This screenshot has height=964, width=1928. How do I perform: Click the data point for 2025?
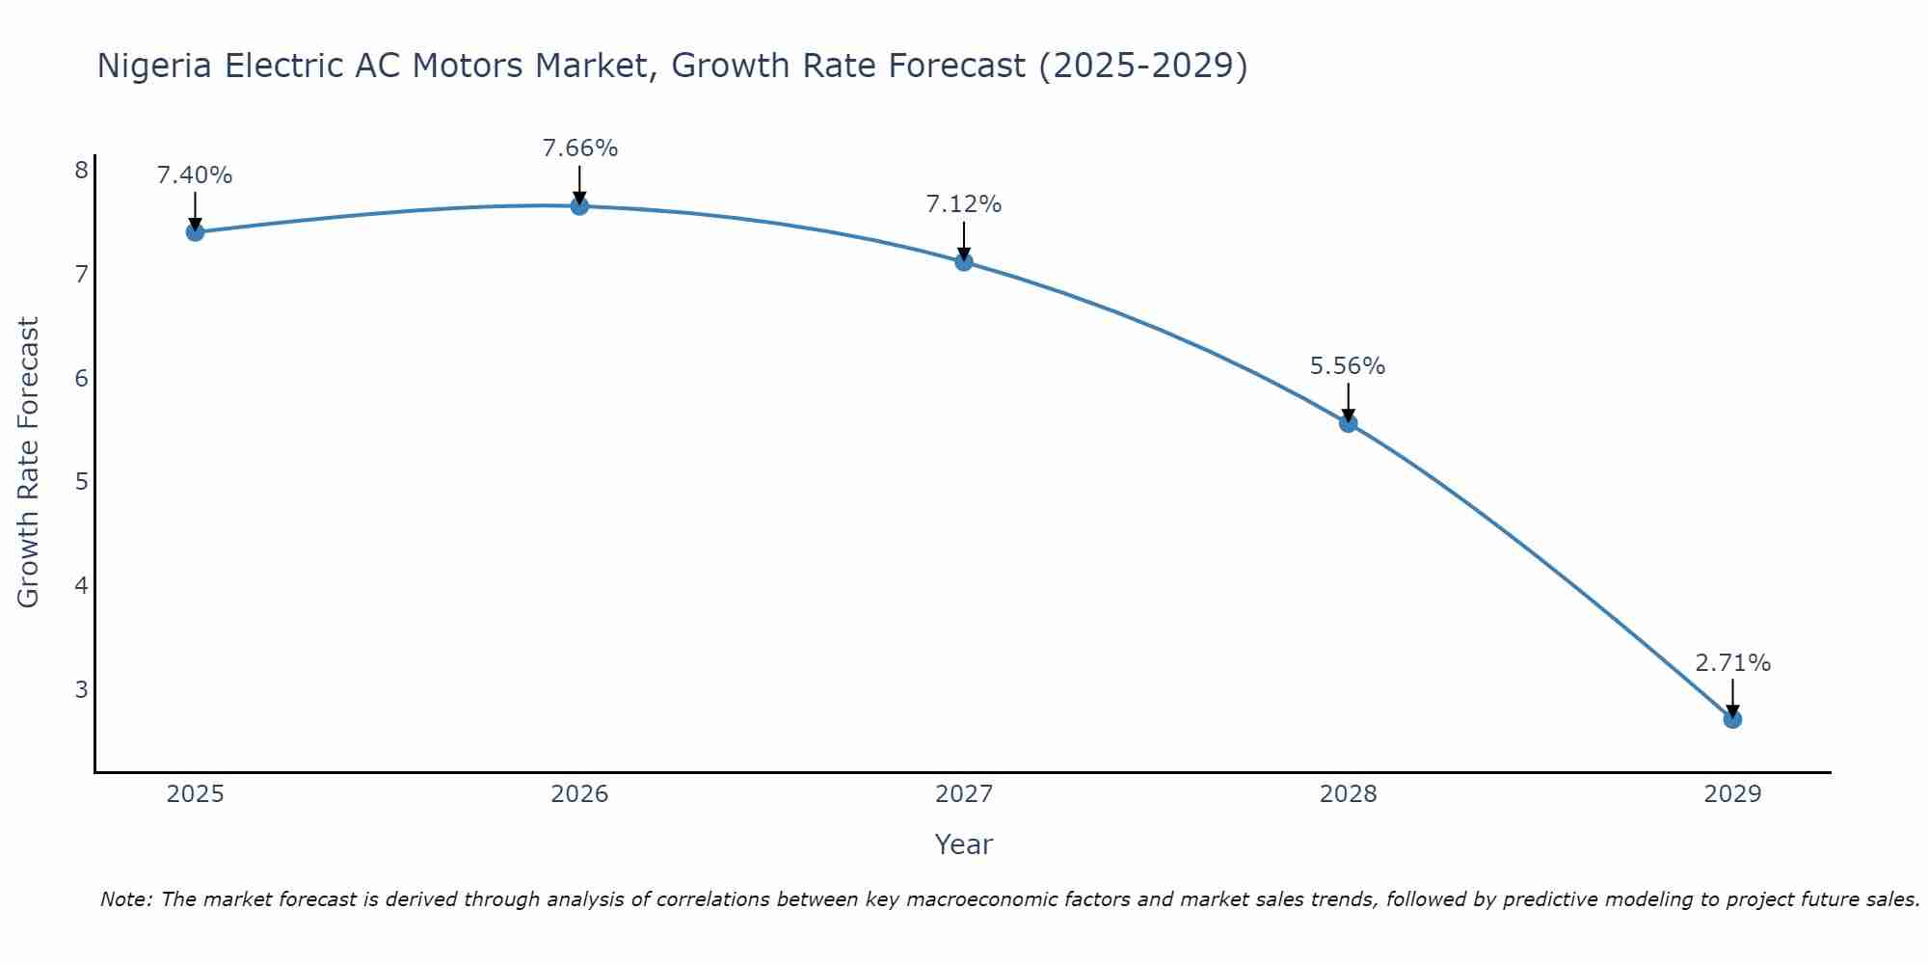point(195,231)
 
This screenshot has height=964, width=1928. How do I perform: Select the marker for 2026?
point(579,205)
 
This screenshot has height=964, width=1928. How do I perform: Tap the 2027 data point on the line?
point(964,261)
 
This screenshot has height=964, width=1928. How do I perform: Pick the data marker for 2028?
point(1348,423)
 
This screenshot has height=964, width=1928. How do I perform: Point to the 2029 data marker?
point(1732,719)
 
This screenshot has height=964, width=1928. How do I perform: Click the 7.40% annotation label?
point(195,175)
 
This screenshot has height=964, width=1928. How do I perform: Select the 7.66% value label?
point(579,148)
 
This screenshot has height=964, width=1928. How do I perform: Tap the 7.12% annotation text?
point(964,204)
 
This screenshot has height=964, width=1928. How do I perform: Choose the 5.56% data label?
point(1348,366)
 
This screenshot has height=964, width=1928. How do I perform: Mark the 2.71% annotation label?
point(1732,663)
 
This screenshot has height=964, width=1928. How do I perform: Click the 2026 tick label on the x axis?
point(579,794)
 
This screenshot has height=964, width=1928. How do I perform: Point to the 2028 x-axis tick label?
point(1348,794)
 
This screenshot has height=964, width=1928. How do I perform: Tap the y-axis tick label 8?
point(81,171)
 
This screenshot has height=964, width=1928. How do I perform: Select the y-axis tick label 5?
point(81,481)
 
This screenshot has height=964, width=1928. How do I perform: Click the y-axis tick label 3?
point(81,689)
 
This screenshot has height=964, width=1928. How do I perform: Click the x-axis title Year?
point(963,844)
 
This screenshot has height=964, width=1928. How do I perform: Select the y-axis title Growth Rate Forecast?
point(29,463)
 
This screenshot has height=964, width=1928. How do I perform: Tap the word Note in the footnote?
point(125,899)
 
